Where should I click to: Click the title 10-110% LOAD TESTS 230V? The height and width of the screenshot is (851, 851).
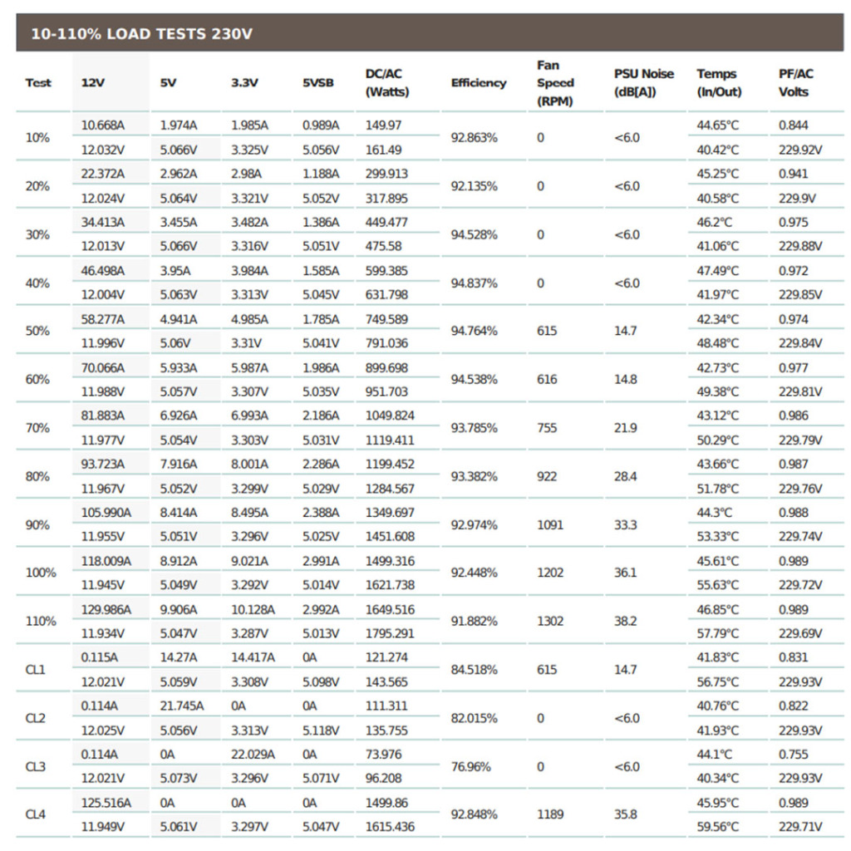[141, 34]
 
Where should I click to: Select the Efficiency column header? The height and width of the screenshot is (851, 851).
[478, 83]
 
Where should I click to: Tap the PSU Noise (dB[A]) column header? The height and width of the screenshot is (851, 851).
[644, 83]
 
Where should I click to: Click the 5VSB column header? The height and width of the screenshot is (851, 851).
[320, 83]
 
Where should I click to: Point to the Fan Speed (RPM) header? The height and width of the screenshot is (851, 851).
[554, 83]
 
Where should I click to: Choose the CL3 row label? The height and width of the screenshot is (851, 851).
[36, 766]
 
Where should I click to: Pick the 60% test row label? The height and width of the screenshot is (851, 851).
[38, 380]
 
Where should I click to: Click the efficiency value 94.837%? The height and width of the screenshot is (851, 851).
[474, 283]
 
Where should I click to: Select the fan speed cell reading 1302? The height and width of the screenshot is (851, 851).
[550, 621]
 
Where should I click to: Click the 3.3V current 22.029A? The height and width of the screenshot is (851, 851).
[253, 755]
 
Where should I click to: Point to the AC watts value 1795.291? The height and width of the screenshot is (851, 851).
[390, 633]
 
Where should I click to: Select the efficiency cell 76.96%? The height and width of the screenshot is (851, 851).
[470, 766]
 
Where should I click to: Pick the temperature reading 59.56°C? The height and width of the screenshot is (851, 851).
[718, 827]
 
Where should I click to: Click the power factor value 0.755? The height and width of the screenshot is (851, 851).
[793, 755]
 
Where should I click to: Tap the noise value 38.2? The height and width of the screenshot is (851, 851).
[626, 621]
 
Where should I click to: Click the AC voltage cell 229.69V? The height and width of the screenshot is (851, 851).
[799, 633]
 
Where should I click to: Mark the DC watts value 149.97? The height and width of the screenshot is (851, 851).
[383, 125]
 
